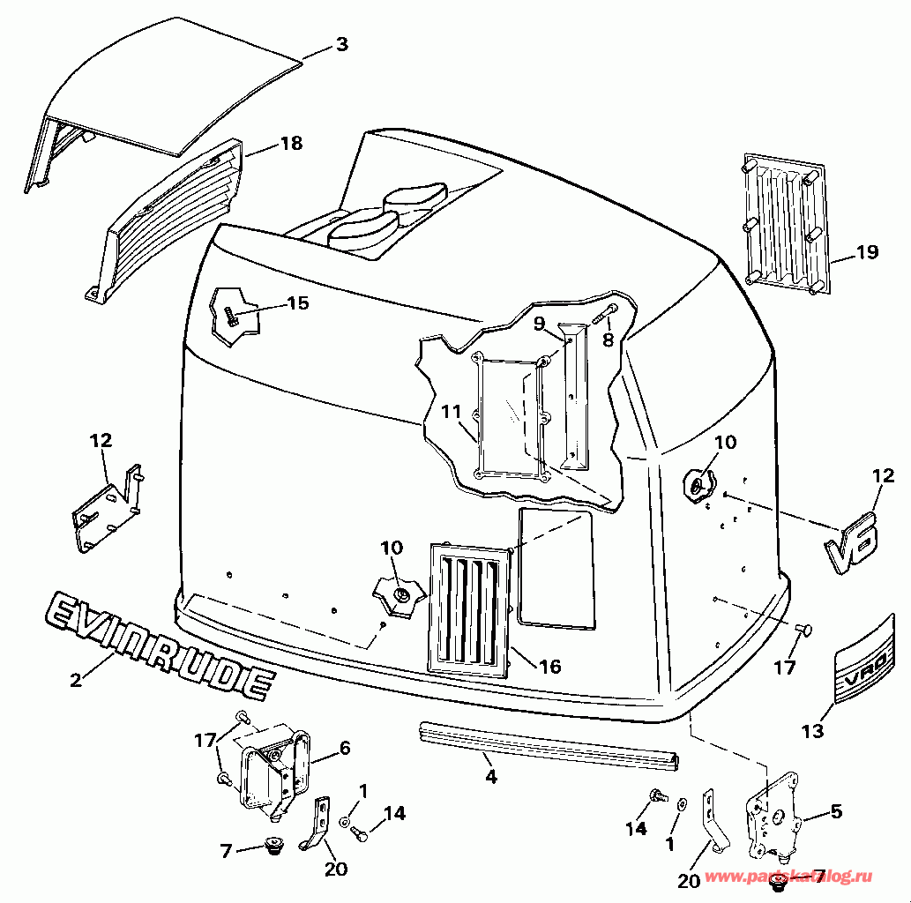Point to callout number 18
[290, 143]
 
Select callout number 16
[549, 667]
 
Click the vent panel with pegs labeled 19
[785, 220]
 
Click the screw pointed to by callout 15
[231, 316]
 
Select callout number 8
[607, 339]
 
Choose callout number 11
[451, 412]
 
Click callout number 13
[812, 731]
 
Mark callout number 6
[343, 748]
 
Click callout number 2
[76, 679]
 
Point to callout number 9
[539, 323]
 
